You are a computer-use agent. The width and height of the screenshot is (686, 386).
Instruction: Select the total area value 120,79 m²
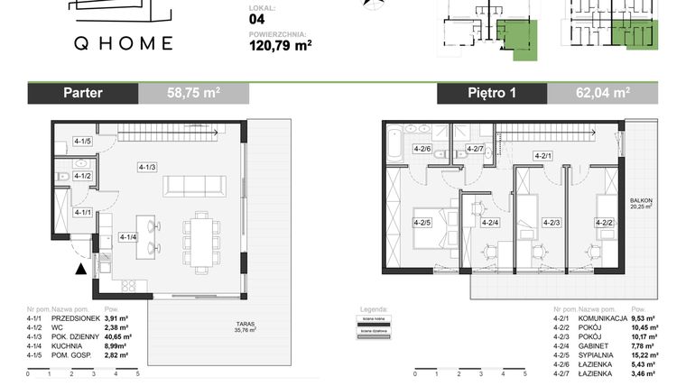279,41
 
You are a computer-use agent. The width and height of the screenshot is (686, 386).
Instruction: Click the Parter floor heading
83,93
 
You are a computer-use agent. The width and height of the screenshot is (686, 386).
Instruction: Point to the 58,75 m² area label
193,93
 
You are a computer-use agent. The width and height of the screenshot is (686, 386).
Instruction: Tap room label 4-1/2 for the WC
83,176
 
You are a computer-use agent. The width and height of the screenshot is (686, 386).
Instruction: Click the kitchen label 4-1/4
128,237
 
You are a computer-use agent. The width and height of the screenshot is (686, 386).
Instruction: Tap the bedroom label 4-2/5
422,222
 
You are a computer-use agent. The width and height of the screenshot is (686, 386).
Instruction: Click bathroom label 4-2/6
422,149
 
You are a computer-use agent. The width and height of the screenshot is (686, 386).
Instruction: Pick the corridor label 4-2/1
542,156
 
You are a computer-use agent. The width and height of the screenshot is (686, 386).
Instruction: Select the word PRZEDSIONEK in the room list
79,318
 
